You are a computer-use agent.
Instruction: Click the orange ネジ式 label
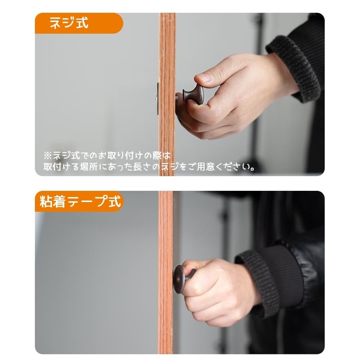(x=79, y=23)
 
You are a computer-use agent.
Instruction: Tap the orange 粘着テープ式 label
(x=79, y=201)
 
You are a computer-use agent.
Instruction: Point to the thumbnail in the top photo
(x=204, y=78)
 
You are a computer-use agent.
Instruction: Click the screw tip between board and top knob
(x=177, y=97)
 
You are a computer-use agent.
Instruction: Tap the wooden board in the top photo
(x=167, y=94)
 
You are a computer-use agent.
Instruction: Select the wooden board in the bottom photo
(x=165, y=272)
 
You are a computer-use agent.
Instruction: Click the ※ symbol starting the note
(x=47, y=156)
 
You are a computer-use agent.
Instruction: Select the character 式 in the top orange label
(x=82, y=23)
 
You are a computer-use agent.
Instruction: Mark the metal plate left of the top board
(x=158, y=99)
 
